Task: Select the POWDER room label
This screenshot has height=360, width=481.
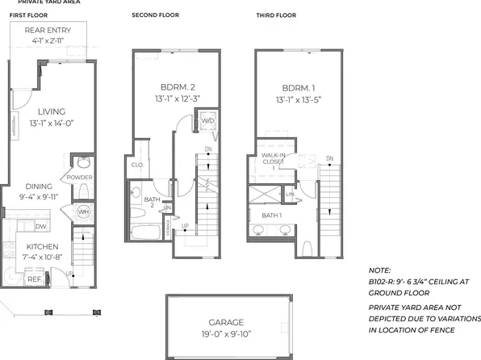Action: (79, 178)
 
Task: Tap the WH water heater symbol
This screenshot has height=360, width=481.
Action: (83, 212)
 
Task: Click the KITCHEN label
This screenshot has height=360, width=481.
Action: (39, 247)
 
